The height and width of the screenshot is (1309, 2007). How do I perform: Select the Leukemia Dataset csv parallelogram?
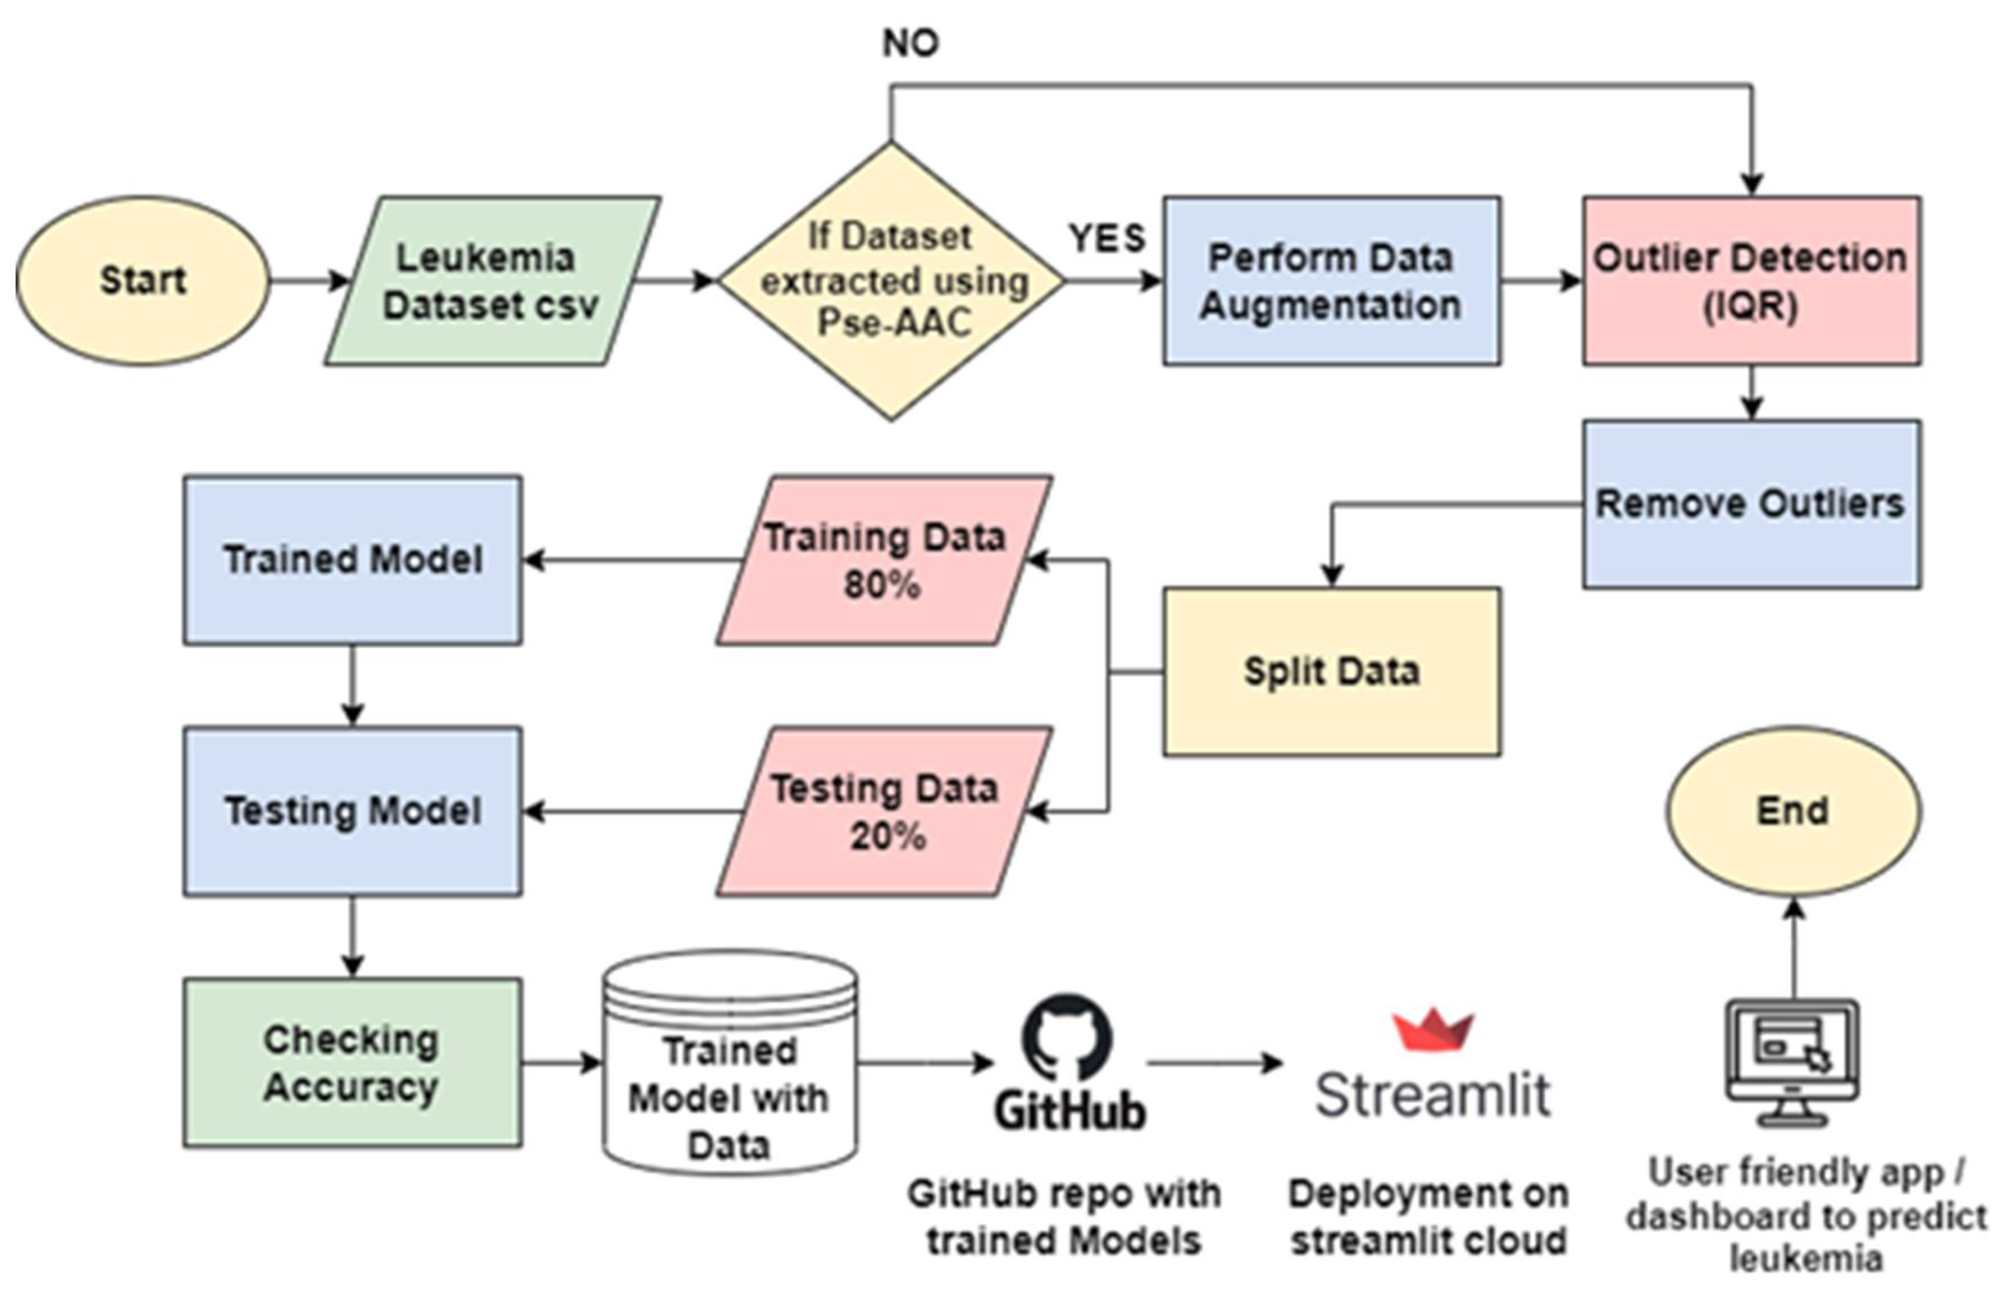pos(492,281)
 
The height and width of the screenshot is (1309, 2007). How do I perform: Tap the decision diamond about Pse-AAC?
pos(891,281)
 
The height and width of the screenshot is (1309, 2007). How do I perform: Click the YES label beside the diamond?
pos(1107,239)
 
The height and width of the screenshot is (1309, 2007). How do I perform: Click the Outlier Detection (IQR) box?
pos(1751,281)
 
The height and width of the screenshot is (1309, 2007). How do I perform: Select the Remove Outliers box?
pos(1751,503)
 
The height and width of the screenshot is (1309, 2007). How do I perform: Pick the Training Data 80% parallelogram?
pos(884,561)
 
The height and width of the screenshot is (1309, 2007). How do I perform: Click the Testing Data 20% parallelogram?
pos(884,812)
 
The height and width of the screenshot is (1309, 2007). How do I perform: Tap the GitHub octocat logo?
pos(1067,1037)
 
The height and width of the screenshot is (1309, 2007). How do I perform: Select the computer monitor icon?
pos(1792,1062)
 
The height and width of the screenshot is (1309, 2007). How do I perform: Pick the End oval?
pos(1793,811)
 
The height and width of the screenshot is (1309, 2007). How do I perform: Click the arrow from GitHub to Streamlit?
pos(1214,1063)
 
